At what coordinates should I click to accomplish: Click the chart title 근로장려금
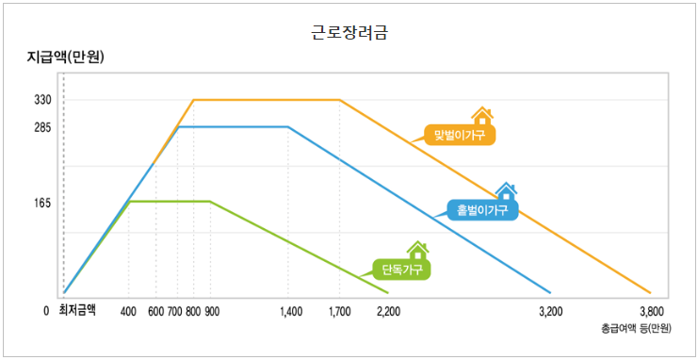click(349, 32)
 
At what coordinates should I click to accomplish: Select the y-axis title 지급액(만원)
click(65, 57)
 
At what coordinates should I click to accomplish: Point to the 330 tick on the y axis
click(41, 100)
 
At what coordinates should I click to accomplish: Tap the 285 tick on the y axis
click(41, 127)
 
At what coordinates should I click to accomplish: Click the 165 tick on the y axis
click(41, 203)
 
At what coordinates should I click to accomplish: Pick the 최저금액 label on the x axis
click(77, 310)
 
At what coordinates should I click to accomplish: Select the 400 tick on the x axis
click(129, 310)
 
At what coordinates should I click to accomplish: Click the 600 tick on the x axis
click(155, 310)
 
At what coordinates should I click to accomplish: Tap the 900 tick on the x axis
click(211, 310)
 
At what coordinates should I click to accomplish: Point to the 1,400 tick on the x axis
click(291, 310)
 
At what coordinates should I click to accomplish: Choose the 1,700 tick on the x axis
click(340, 310)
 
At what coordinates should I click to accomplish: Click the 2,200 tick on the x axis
click(387, 310)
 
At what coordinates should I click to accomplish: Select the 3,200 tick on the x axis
click(550, 310)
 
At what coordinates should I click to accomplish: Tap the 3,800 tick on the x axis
click(652, 310)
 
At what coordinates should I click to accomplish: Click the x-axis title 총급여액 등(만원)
click(636, 329)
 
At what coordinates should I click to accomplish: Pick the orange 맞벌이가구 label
click(459, 135)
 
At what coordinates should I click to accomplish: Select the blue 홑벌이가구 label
click(482, 209)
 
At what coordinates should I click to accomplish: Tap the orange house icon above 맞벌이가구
click(482, 116)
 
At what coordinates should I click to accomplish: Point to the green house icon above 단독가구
click(417, 251)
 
